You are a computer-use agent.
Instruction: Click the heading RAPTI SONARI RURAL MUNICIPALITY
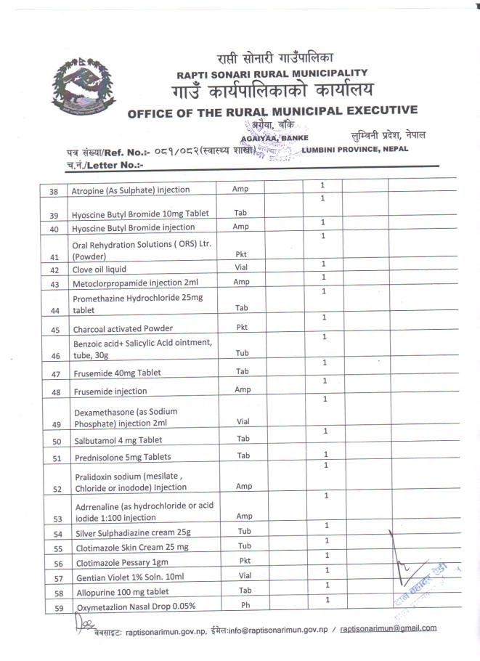coord(272,73)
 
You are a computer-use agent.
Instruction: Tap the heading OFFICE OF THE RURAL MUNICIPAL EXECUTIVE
coord(272,112)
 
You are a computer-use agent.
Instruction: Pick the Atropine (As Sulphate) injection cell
coord(130,190)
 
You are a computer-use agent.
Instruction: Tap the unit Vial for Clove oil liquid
coord(240,268)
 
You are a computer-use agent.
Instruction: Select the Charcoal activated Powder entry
coord(122,328)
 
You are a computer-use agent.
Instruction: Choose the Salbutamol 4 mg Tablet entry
coord(119,440)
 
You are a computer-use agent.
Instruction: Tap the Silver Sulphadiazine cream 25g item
coord(131,534)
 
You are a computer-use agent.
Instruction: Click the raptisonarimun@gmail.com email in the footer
coord(389,628)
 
